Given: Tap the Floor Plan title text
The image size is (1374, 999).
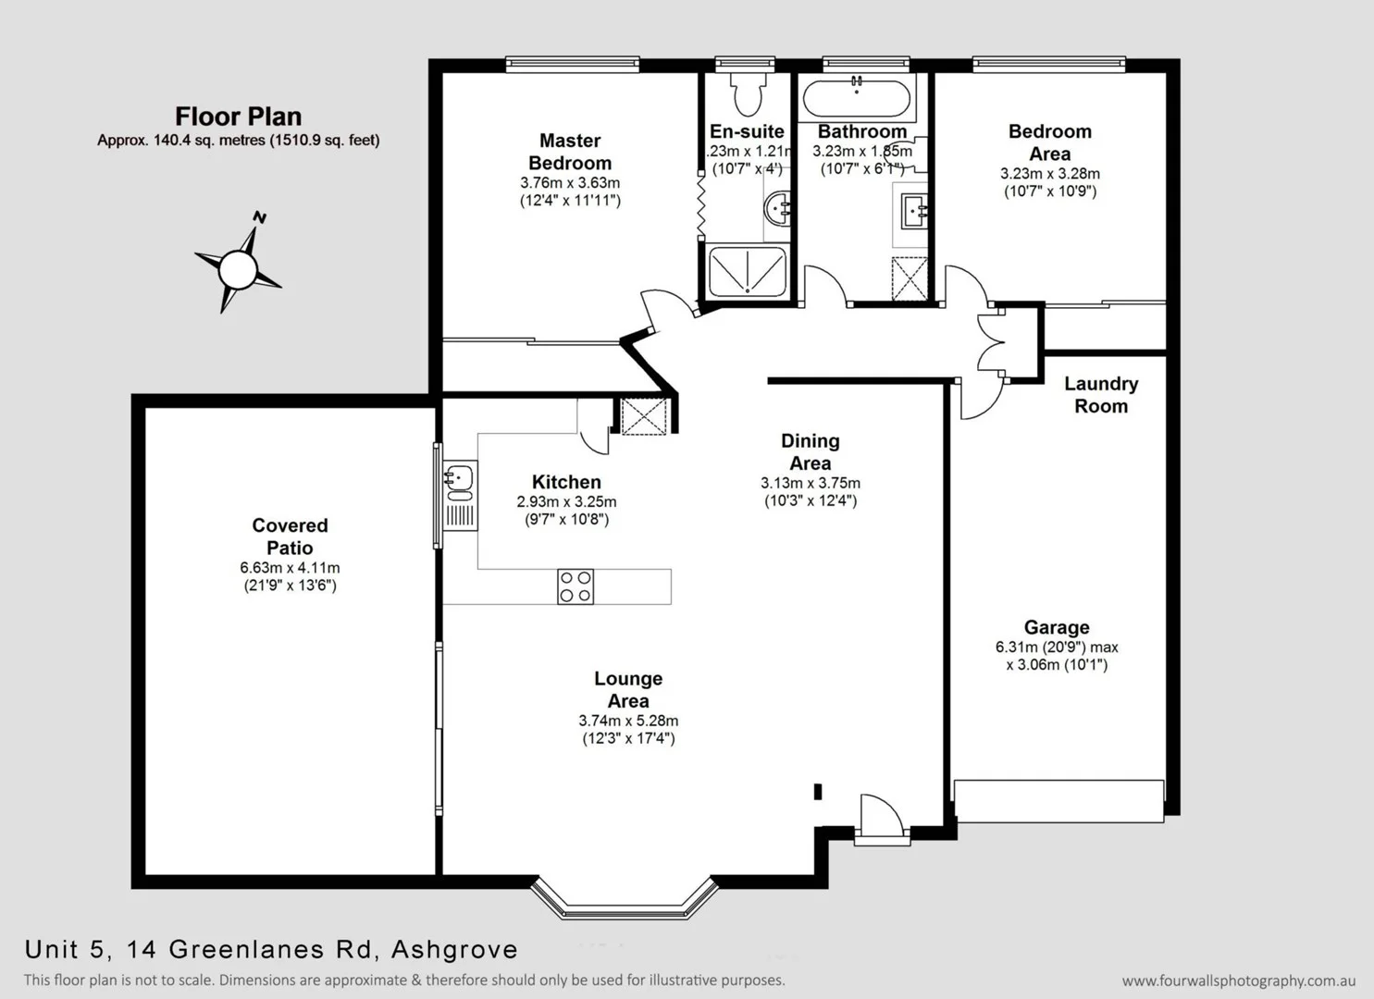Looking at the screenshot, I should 239,117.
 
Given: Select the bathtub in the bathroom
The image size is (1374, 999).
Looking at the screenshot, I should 857,97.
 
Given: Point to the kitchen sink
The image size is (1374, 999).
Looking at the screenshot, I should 459,478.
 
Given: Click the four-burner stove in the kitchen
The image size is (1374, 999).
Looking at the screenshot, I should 575,586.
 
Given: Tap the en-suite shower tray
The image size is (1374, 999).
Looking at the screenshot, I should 747,272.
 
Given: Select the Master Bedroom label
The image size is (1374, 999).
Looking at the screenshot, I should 570,152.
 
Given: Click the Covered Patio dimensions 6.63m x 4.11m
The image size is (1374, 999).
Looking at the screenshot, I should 290,568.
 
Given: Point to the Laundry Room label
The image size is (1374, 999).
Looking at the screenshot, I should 1101,395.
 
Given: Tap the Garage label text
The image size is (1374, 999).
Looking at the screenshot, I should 1056,627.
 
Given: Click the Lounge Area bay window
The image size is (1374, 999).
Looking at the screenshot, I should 625,902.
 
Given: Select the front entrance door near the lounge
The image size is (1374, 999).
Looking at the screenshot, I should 880,818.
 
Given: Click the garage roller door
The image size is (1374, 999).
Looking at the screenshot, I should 1058,801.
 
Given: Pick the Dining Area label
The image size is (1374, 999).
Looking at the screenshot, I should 810,452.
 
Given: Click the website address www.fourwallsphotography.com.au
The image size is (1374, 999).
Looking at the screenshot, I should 1238,980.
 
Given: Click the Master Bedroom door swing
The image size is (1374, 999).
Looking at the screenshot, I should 668,309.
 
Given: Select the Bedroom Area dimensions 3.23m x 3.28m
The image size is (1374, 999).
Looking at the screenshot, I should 1049,173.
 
